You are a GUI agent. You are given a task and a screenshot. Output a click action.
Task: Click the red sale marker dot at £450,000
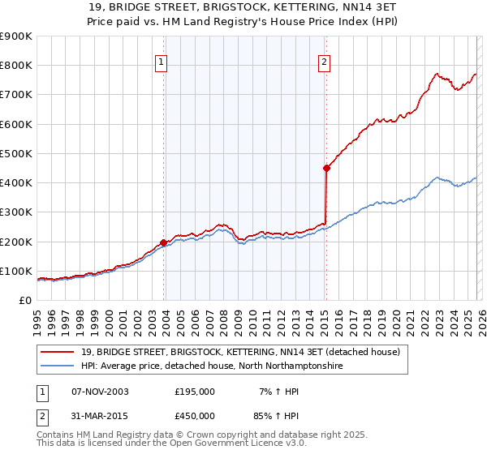[x=326, y=168]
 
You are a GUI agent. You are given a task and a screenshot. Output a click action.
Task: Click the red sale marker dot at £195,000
[x=163, y=242]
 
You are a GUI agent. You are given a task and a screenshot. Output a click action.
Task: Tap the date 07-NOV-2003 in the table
[x=100, y=391]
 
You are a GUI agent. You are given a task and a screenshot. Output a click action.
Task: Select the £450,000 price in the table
[x=195, y=415]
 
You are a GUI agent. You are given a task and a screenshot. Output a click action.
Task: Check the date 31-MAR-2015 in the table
[x=100, y=415]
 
